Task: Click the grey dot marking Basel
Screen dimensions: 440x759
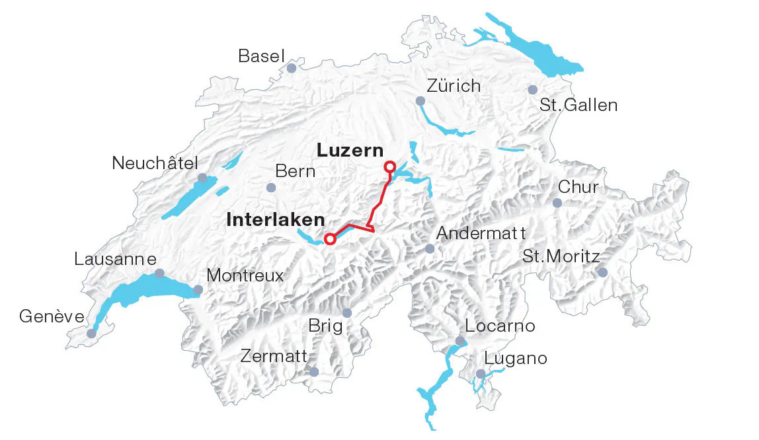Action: point(292,68)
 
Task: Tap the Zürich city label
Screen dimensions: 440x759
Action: point(454,86)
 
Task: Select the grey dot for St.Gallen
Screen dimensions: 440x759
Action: point(533,90)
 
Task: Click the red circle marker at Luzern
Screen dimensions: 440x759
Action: point(390,166)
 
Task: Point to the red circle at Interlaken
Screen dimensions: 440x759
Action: point(329,239)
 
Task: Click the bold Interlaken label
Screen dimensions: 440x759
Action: point(276,220)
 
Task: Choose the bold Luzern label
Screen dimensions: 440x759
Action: point(350,151)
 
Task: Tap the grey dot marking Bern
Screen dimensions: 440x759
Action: point(270,188)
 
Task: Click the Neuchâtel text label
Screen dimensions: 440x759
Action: point(155,163)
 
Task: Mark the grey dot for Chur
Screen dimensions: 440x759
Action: point(557,203)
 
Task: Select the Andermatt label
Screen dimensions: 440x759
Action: point(481,233)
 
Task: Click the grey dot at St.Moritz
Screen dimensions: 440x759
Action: point(602,272)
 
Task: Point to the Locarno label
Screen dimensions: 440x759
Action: point(500,326)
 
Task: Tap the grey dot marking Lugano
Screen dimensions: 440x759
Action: point(481,374)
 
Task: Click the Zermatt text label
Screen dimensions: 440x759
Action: point(274,357)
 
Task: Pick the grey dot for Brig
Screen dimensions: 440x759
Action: point(347,313)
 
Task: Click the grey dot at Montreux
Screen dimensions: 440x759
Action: point(198,289)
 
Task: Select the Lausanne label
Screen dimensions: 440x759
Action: point(116,258)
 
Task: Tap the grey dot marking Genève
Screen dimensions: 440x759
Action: point(91,334)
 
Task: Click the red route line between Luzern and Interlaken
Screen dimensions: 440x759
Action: point(381,198)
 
